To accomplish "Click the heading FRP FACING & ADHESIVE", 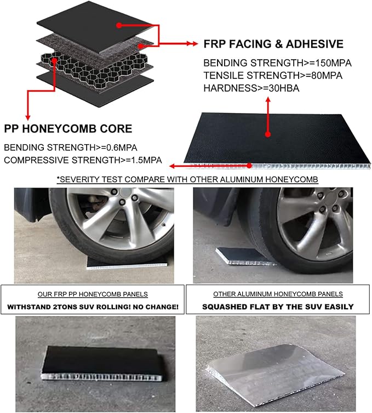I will [273, 44].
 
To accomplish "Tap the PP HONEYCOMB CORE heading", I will [68, 129].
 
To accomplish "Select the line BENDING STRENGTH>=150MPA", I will [277, 63].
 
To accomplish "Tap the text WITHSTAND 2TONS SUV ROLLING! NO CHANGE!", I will [93, 307].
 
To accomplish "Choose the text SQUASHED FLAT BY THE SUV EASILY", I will [278, 307].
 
